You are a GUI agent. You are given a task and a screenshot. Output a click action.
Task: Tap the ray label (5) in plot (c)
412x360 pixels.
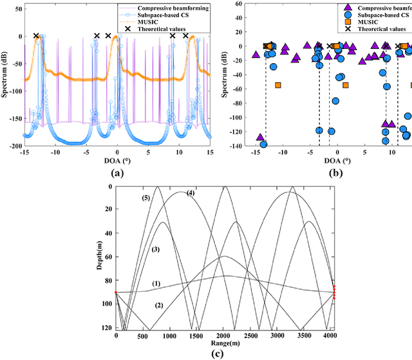147,198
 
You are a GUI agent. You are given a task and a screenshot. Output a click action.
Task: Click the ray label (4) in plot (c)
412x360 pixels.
190,193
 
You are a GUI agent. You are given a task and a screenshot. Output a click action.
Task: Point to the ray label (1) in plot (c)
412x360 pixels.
156,283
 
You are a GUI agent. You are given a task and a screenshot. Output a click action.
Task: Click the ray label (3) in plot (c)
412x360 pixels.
154,249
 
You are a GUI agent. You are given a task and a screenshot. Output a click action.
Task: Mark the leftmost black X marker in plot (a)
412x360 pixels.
36,36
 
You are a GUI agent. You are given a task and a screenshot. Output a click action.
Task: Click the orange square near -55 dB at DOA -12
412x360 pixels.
278,85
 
